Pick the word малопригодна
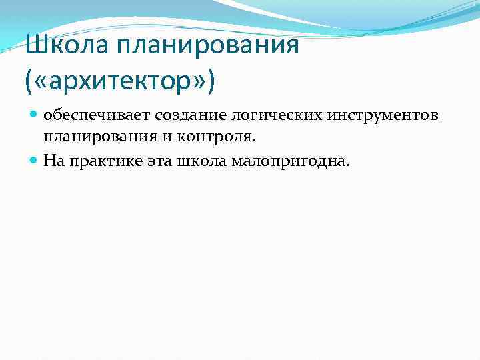click(289, 159)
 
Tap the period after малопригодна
click(347, 163)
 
